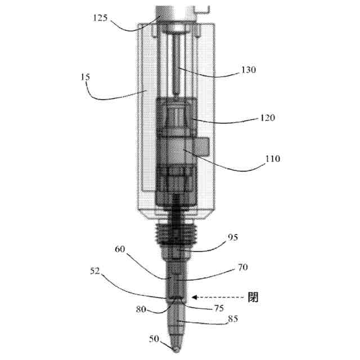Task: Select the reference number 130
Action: coord(247,70)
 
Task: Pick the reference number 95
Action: coord(233,237)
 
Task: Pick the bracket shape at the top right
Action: coord(202,8)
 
